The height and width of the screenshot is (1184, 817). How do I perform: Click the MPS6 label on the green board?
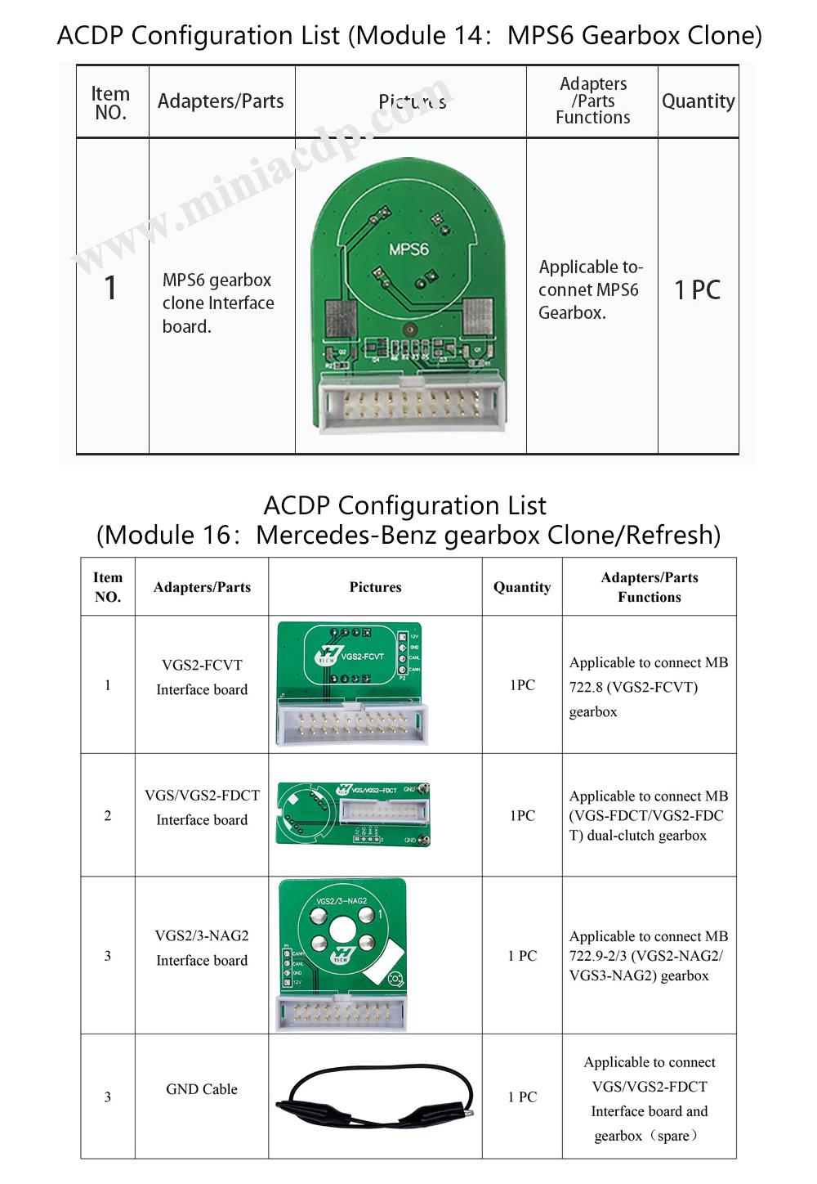pyautogui.click(x=408, y=248)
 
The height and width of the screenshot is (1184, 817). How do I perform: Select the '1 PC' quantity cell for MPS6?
pyautogui.click(x=697, y=289)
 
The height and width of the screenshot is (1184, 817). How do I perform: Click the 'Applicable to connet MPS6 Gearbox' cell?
pyautogui.click(x=591, y=289)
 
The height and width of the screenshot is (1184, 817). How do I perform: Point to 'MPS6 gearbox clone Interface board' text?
pyautogui.click(x=218, y=303)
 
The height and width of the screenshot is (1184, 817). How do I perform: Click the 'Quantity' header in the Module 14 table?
pyautogui.click(x=698, y=101)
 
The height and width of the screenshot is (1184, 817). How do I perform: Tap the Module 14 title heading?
pyautogui.click(x=408, y=35)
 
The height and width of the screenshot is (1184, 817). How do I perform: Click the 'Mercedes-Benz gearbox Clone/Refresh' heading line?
pyautogui.click(x=408, y=535)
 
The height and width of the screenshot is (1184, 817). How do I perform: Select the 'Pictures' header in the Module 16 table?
pyautogui.click(x=375, y=587)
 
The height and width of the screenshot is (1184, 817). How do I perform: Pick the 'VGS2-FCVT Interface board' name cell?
pyautogui.click(x=202, y=677)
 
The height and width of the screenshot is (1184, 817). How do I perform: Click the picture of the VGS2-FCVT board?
pyautogui.click(x=351, y=683)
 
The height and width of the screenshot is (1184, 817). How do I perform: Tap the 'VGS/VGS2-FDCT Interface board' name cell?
pyautogui.click(x=202, y=807)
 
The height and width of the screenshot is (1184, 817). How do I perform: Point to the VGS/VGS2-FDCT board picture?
pyautogui.click(x=353, y=814)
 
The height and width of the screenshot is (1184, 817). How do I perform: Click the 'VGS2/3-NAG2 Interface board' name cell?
pyautogui.click(x=202, y=948)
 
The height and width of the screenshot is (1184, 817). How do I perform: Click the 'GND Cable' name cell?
pyautogui.click(x=202, y=1089)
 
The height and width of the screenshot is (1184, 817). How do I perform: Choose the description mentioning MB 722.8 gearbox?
pyautogui.click(x=648, y=687)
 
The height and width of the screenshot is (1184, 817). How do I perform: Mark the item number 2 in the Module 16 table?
pyautogui.click(x=108, y=815)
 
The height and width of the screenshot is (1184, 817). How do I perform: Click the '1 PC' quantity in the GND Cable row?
pyautogui.click(x=522, y=1097)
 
